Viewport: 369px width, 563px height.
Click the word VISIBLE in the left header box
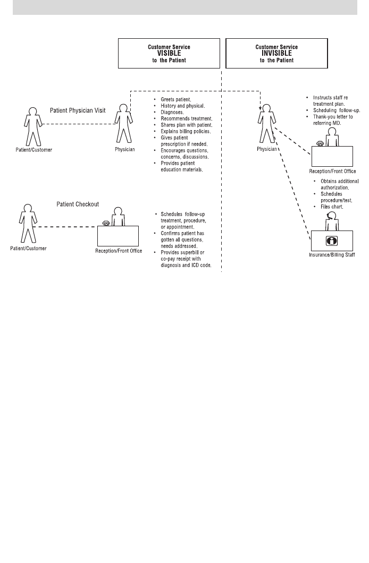[169, 53]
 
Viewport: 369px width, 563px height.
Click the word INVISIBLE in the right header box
[276, 53]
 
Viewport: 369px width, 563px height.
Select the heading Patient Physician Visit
[78, 110]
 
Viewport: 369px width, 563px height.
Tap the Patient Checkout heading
[78, 204]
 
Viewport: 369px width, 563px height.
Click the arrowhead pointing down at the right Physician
[261, 107]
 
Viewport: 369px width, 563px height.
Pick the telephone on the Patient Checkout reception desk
[106, 223]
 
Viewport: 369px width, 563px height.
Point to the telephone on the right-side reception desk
[320, 143]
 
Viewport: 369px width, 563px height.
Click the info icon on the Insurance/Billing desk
[332, 241]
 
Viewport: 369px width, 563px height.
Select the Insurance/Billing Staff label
[332, 254]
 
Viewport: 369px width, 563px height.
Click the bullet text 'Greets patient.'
[175, 99]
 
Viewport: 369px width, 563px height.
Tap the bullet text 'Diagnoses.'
[172, 112]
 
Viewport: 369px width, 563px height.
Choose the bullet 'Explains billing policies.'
[186, 131]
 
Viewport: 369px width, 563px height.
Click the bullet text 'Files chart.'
[332, 207]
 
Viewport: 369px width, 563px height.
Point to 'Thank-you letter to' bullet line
[333, 117]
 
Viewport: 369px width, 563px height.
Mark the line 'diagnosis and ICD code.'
[186, 266]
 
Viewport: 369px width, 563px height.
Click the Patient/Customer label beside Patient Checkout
[28, 248]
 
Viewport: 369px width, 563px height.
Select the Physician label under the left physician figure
[124, 149]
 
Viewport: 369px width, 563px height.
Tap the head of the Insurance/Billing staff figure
[332, 216]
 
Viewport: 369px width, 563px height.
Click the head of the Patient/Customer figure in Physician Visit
[33, 112]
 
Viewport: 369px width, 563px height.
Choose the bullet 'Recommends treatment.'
[187, 118]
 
